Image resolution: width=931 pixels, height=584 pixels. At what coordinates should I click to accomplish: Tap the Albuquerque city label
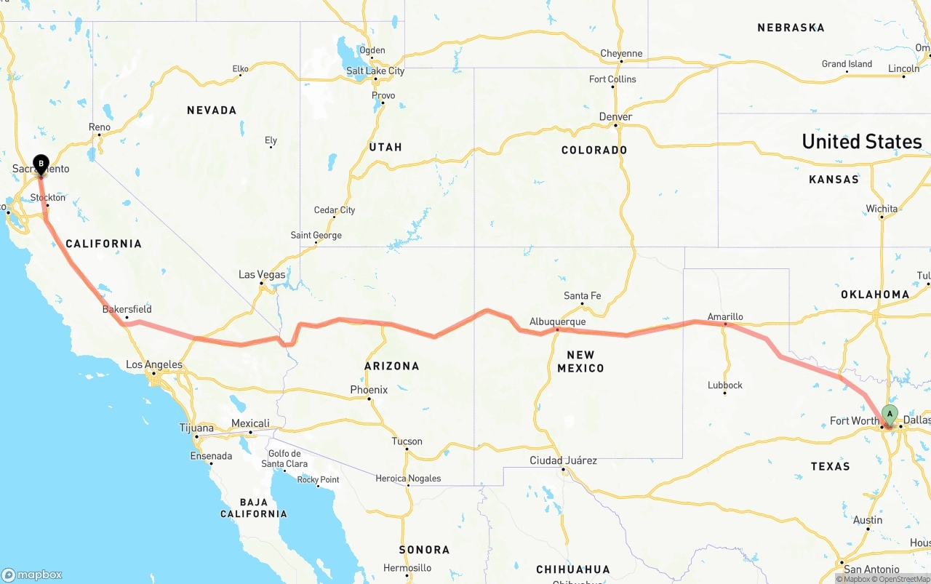(x=557, y=321)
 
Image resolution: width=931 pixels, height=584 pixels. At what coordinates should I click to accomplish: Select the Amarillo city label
(x=725, y=316)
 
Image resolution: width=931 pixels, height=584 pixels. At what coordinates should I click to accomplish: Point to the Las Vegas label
(x=262, y=274)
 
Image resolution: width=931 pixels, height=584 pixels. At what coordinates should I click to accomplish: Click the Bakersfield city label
(x=127, y=309)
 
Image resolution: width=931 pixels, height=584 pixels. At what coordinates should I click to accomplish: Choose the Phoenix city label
(x=369, y=390)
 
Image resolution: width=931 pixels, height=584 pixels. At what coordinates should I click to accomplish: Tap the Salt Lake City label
(x=375, y=71)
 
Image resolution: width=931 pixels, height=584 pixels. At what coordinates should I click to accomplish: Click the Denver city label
(x=615, y=116)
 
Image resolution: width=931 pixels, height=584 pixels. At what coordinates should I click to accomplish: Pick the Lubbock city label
(x=724, y=385)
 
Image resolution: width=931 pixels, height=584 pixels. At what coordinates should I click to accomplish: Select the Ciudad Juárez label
(x=563, y=460)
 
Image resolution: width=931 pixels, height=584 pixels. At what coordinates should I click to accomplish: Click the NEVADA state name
(x=212, y=111)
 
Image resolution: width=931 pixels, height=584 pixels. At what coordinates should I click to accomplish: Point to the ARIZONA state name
(x=392, y=366)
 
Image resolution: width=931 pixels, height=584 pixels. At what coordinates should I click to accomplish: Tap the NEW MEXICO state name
(x=580, y=361)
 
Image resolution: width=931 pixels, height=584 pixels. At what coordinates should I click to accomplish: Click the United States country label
(x=861, y=141)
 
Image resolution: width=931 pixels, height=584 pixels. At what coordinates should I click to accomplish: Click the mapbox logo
(x=32, y=575)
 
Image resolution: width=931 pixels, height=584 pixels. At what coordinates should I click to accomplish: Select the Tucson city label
(x=407, y=441)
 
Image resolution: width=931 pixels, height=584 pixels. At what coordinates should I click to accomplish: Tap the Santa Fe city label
(x=582, y=295)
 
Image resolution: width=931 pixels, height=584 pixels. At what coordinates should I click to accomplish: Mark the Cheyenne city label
(x=621, y=53)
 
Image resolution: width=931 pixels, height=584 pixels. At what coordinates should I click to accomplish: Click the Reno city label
(x=100, y=127)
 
